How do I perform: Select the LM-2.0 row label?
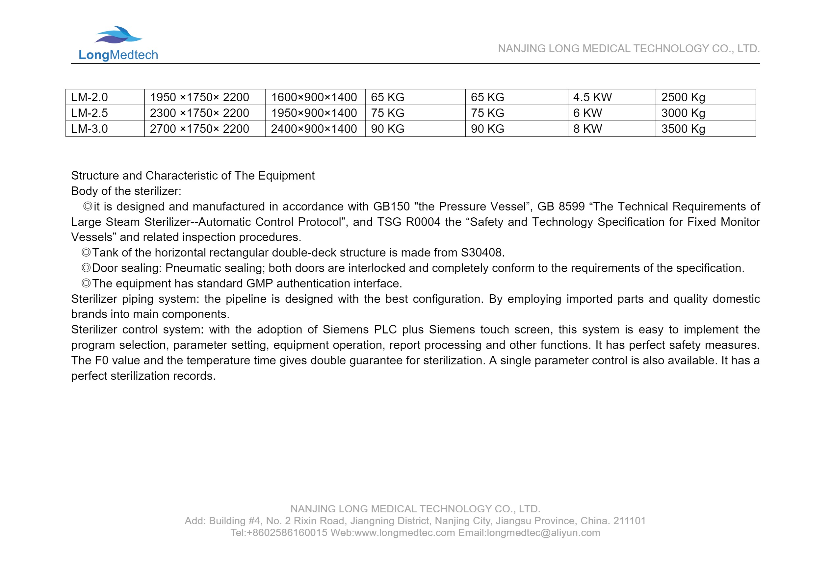click(x=90, y=97)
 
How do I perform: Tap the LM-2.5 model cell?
click(x=90, y=113)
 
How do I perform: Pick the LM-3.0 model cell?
click(x=90, y=129)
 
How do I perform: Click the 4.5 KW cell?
click(x=592, y=97)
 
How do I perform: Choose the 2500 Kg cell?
click(x=683, y=97)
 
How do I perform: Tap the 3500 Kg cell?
click(x=683, y=129)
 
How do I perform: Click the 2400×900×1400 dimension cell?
click(x=314, y=129)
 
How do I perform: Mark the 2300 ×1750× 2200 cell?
click(x=199, y=113)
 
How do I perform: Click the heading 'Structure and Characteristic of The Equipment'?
click(x=193, y=175)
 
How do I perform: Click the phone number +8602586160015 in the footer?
click(x=287, y=533)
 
